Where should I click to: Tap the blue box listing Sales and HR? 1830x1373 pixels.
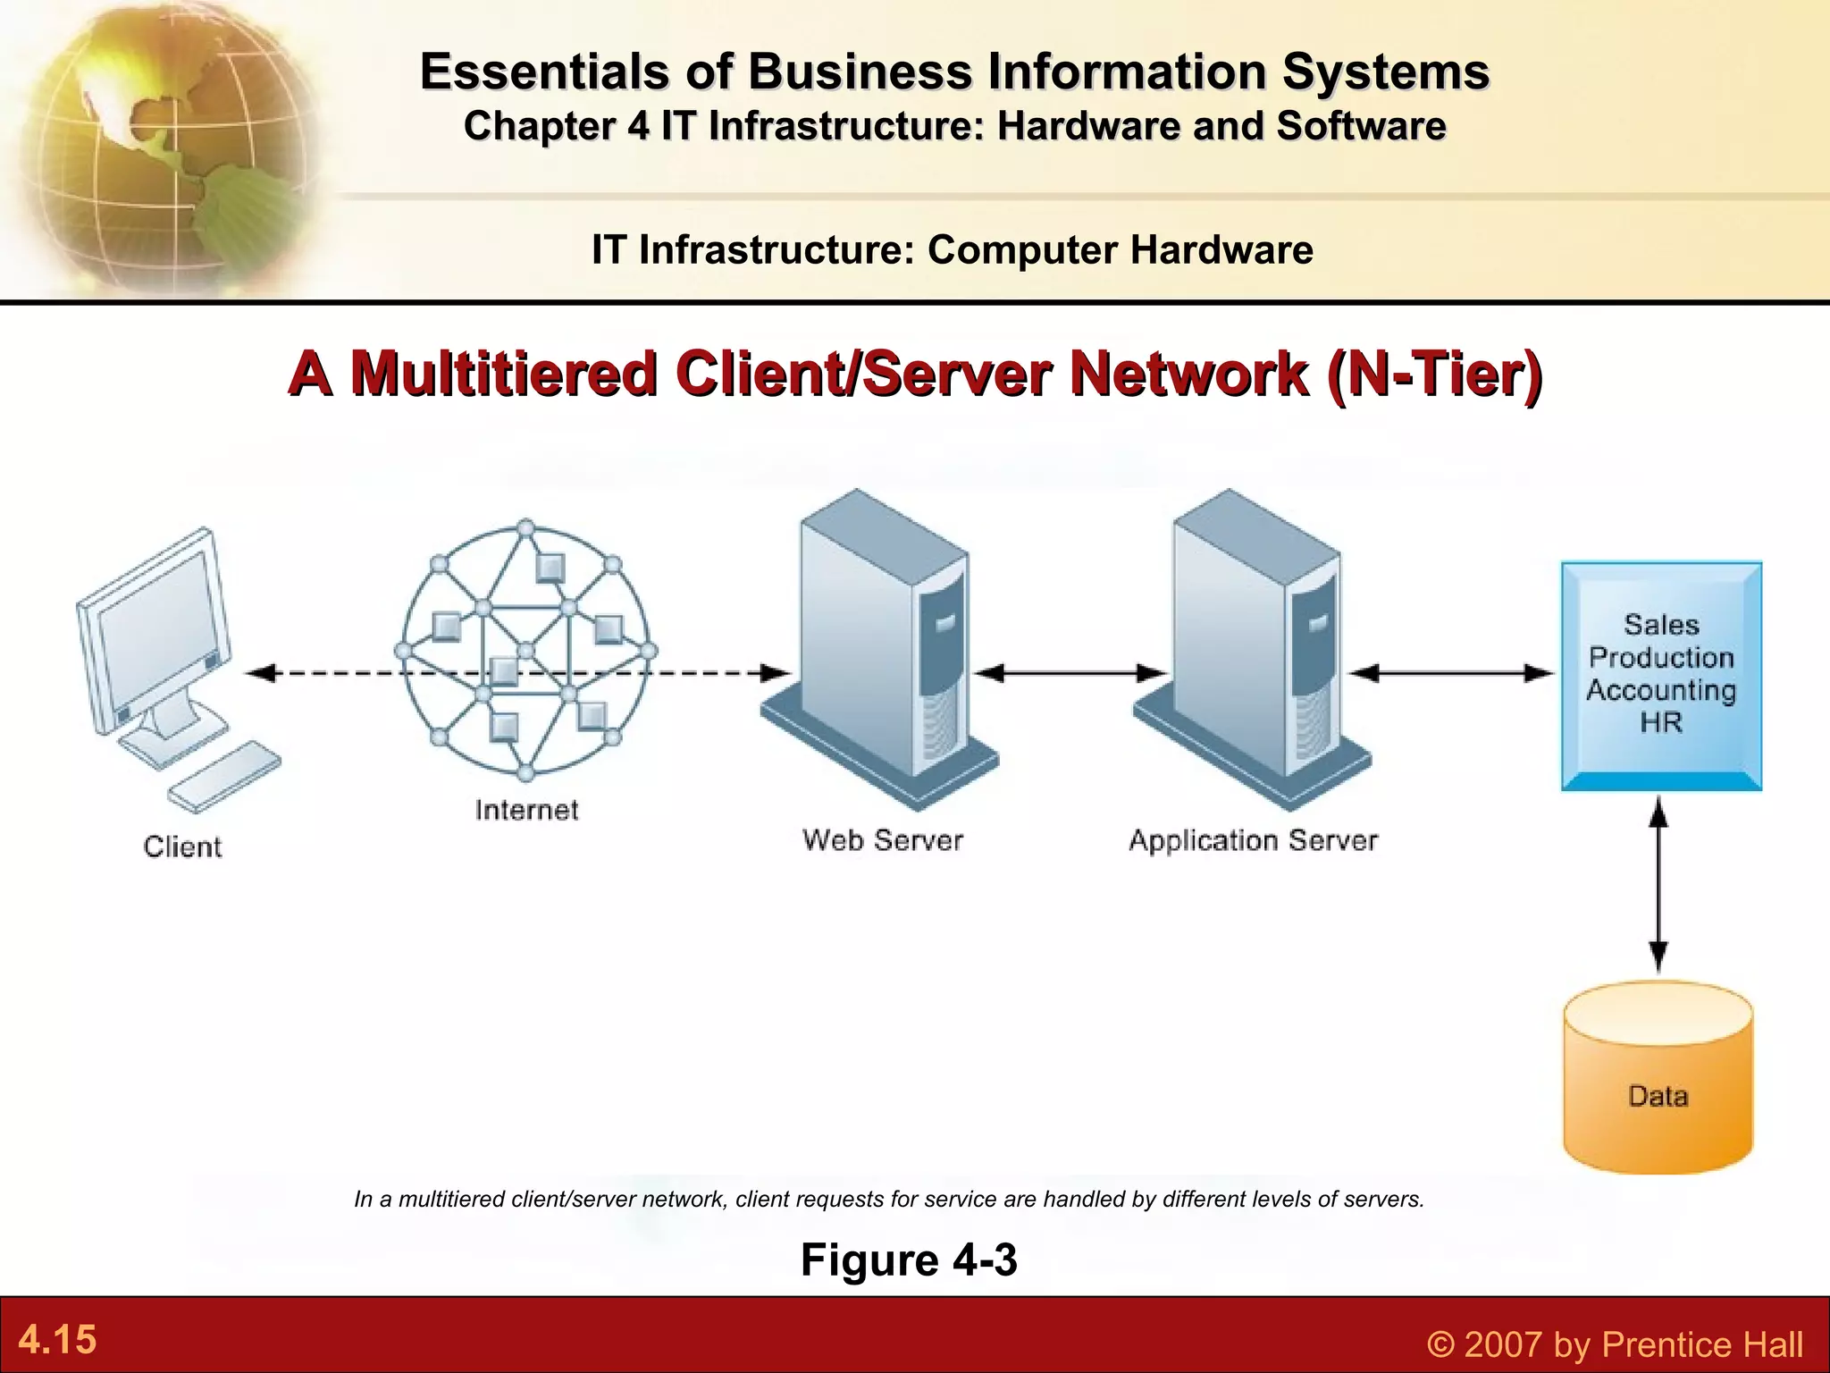[1661, 675]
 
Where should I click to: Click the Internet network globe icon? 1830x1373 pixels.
[526, 651]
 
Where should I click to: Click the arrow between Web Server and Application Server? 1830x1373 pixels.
[1069, 673]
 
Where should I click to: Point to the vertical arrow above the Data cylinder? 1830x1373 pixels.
[1658, 885]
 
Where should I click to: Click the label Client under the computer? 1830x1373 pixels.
[182, 847]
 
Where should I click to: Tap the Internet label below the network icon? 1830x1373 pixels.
[526, 810]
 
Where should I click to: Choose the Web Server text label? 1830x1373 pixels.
[883, 840]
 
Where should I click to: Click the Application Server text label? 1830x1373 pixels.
[1253, 840]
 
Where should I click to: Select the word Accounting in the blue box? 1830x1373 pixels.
[1661, 690]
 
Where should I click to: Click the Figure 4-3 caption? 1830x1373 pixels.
[909, 1259]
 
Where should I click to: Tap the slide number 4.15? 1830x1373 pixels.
[57, 1340]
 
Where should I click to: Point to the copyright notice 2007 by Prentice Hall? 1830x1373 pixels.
[1615, 1344]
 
